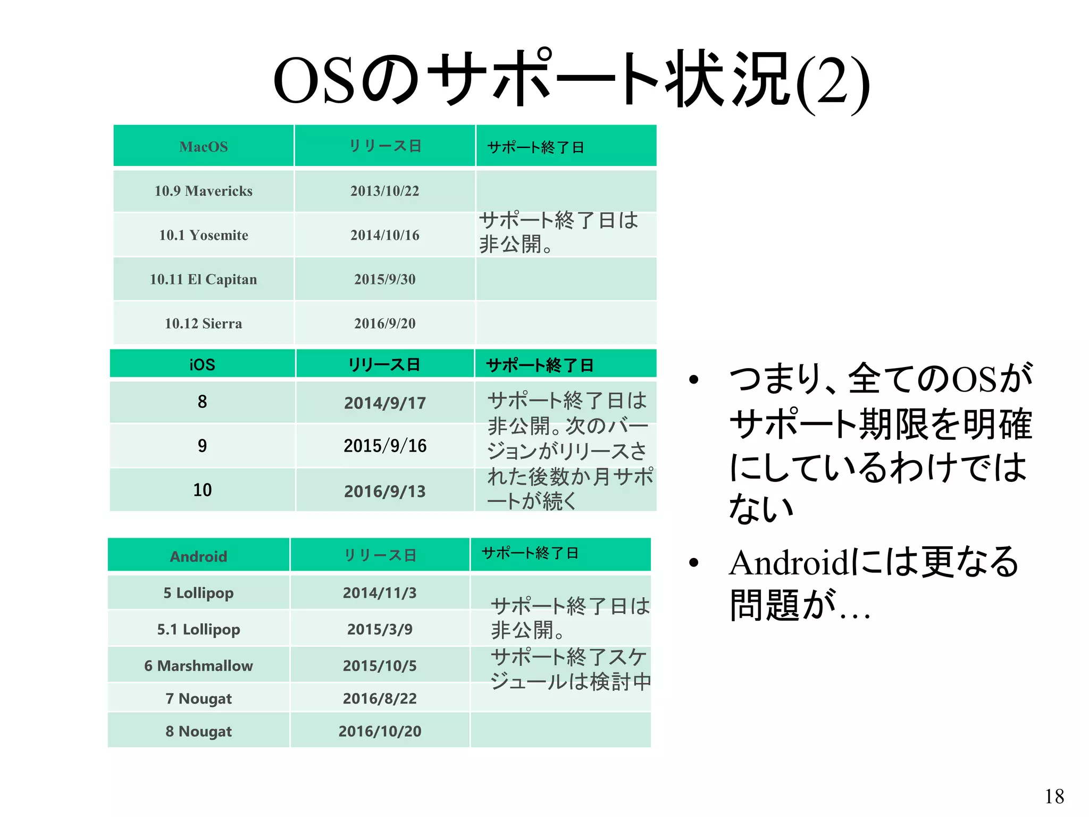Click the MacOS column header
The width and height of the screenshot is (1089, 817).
pos(203,147)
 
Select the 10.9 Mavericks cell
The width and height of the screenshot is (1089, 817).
pos(203,191)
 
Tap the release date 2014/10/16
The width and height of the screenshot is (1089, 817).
pos(384,235)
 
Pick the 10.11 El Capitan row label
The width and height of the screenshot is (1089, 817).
pos(203,279)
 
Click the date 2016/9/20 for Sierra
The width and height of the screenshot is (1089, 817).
pos(384,323)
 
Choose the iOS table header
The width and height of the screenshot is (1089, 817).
pos(202,364)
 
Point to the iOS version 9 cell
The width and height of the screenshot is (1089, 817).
pos(202,446)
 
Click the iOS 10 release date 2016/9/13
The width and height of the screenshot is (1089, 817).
pos(384,491)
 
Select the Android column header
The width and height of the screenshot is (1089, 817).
pos(198,556)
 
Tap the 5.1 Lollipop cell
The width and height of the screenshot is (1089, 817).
pos(198,629)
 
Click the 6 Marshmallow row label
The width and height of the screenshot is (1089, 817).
pos(198,665)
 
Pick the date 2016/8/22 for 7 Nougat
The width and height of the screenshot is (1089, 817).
pos(380,698)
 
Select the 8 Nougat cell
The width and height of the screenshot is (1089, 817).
pos(198,731)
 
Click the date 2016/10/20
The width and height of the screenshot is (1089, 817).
pos(380,731)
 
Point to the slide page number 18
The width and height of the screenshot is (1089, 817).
pos(1054,796)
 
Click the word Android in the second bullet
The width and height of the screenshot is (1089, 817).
pos(789,563)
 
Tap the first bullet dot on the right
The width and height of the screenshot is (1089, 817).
pos(693,379)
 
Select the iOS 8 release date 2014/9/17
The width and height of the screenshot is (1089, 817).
pos(384,403)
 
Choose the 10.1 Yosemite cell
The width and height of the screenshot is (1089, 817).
pos(203,235)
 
